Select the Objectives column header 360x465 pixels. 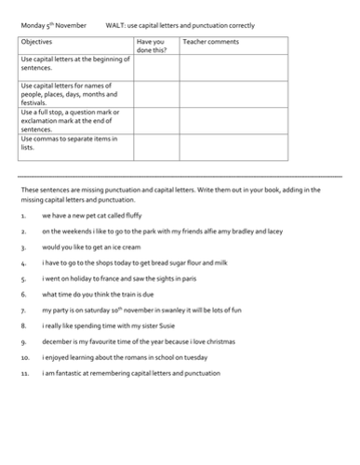[x=38, y=43]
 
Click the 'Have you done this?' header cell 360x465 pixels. [x=154, y=46]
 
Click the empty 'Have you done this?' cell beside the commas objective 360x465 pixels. [x=154, y=147]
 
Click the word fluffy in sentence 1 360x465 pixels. [x=129, y=216]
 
